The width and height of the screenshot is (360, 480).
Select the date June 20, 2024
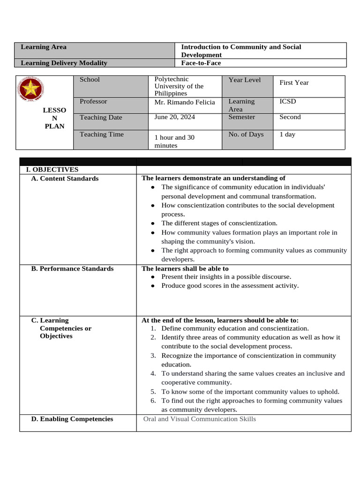click(x=175, y=117)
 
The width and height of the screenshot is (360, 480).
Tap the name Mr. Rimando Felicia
click(x=185, y=102)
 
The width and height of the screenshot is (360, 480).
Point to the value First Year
click(x=294, y=82)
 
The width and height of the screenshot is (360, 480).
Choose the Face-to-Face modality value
click(x=201, y=63)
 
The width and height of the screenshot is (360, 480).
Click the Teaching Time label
click(x=102, y=135)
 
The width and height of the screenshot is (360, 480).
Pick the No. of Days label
click(x=246, y=135)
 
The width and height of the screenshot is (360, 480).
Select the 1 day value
click(x=287, y=135)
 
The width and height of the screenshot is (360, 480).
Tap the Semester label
click(x=242, y=117)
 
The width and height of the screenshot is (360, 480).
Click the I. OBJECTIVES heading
click(x=49, y=170)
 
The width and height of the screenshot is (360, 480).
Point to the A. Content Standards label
click(x=65, y=179)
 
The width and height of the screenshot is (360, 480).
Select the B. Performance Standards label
click(x=72, y=269)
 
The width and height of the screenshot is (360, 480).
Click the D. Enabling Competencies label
click(x=72, y=419)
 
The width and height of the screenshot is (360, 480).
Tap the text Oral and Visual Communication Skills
click(x=199, y=419)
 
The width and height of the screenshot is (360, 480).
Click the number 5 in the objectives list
click(x=153, y=392)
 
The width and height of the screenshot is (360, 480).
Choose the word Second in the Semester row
click(x=290, y=117)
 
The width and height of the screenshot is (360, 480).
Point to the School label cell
click(x=90, y=80)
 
